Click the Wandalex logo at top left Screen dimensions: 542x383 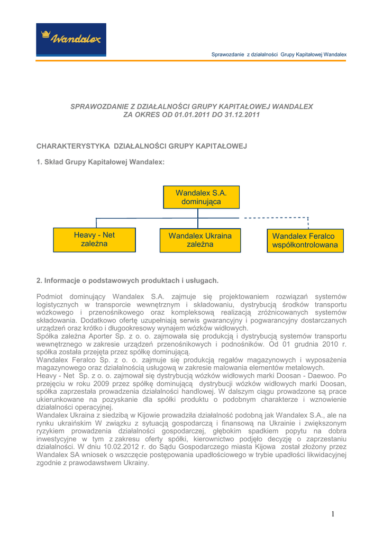[71, 39]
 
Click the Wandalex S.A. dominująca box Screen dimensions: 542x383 [201, 197]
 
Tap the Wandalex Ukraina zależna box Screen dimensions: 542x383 [200, 240]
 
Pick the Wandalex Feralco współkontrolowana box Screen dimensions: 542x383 [305, 241]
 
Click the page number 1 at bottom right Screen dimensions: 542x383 [333, 514]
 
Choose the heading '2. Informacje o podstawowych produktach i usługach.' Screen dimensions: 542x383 [127, 280]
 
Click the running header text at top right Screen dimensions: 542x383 [279, 54]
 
